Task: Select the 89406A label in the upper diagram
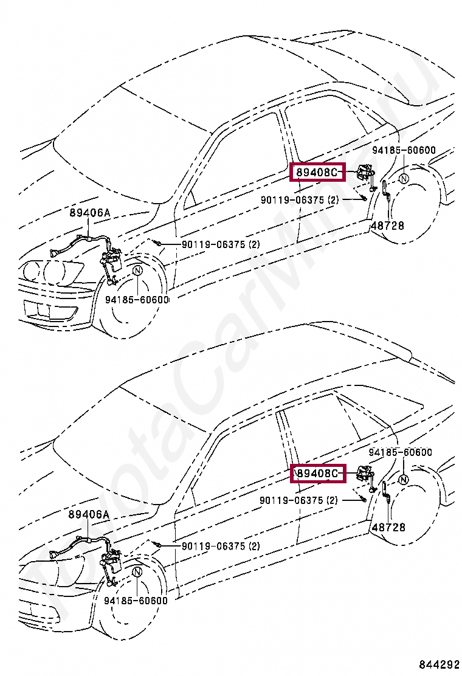coord(89,213)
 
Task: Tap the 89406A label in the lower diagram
coord(89,514)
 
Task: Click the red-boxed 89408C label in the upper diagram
coord(317,173)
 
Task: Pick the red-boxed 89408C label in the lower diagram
coord(317,473)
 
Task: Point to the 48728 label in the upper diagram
coord(387,226)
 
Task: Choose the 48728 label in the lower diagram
coord(388,527)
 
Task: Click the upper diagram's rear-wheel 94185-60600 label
coord(404,150)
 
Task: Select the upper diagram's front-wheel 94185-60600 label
coord(136,300)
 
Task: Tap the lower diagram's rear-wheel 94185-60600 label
coord(400,452)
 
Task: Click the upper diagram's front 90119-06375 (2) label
coord(221,244)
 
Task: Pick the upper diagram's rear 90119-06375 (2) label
coord(300,199)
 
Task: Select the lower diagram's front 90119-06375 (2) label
coord(220,546)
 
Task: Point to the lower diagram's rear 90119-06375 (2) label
coord(298,500)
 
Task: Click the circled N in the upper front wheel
coord(137,271)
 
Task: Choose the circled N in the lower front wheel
coord(137,572)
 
